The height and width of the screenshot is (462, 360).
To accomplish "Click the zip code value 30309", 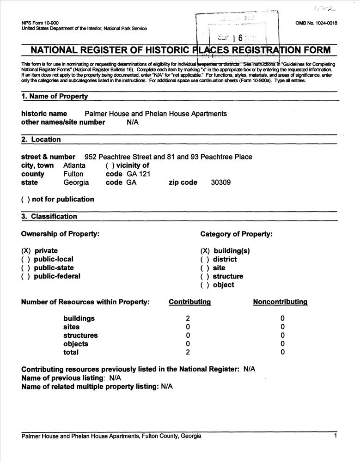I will pos(220,182).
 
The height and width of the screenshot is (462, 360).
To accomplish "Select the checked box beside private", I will pos(26,251).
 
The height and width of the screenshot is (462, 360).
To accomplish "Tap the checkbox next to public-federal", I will pos(26,276).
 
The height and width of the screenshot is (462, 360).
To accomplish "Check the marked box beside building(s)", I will pos(205,251).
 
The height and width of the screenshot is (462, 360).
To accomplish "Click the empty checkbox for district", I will pos(205,260).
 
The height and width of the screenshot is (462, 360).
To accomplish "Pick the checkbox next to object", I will pos(205,285).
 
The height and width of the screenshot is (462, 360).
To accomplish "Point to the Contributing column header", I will pos(189,302).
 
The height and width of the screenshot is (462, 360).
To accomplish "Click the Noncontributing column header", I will pos(280,302).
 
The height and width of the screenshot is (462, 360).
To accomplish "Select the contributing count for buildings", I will pos(188,318).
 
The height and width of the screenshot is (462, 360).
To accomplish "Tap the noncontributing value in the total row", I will pos(282,353).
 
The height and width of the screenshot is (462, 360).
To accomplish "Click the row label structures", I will pos(80,335).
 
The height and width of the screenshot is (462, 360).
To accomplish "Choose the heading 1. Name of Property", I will pos(55,97).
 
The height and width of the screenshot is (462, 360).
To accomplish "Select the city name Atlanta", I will pos(74,165).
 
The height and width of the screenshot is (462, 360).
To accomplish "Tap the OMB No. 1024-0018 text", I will pos(316,23).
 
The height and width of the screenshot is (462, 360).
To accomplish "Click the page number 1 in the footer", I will pos(336,436).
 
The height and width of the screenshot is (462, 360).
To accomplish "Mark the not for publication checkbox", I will pos(26,200).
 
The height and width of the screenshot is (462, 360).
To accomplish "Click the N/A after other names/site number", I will pos(133,122).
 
